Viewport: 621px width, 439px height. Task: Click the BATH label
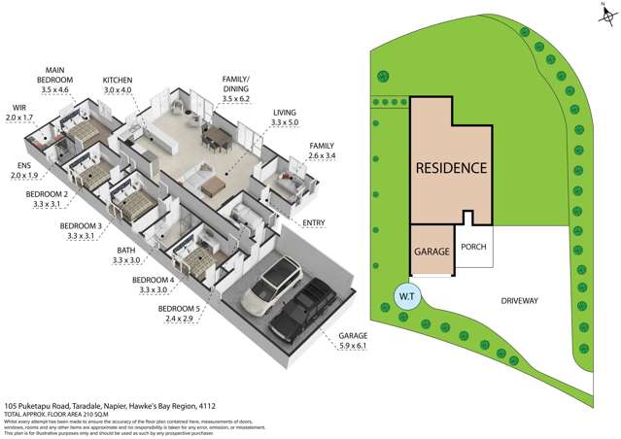click(124, 251)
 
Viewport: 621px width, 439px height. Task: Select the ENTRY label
click(313, 223)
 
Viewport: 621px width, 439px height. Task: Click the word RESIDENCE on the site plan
click(451, 167)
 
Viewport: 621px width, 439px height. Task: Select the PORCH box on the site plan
click(473, 248)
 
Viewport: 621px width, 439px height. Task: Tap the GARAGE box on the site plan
click(431, 251)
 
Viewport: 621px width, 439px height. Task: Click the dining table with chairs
click(216, 142)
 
